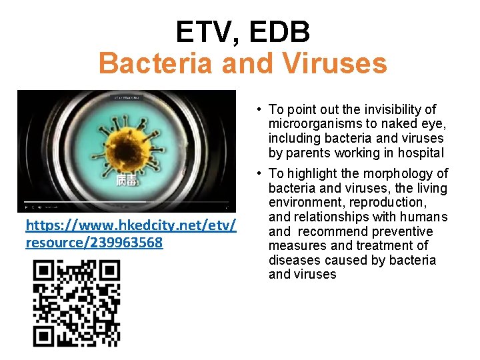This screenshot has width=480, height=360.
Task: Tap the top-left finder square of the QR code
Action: click(45, 271)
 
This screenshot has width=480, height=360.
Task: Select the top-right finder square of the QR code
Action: click(109, 271)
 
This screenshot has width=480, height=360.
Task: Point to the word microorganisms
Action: click(311, 124)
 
